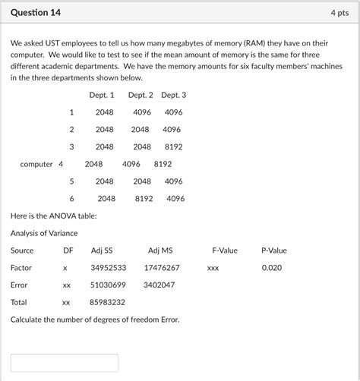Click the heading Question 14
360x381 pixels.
tap(36, 14)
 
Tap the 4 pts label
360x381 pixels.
tap(339, 14)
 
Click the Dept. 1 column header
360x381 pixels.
tap(102, 95)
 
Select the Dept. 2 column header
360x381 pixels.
tap(141, 95)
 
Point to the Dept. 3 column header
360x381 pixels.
tap(174, 95)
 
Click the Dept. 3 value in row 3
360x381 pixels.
tap(173, 146)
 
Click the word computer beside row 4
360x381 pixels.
tap(36, 164)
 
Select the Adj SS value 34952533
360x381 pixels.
tap(108, 268)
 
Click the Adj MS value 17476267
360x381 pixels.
tap(161, 268)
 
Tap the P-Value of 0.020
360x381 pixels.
tap(271, 268)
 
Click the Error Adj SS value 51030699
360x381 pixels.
tap(108, 285)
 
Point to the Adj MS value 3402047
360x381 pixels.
tap(159, 285)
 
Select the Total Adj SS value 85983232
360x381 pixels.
tap(108, 302)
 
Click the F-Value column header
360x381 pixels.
tap(225, 250)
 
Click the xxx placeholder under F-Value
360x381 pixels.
tap(213, 268)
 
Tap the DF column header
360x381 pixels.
tap(68, 250)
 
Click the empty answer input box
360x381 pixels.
tap(65, 363)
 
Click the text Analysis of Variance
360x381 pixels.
tap(44, 233)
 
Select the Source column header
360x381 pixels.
tap(22, 250)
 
